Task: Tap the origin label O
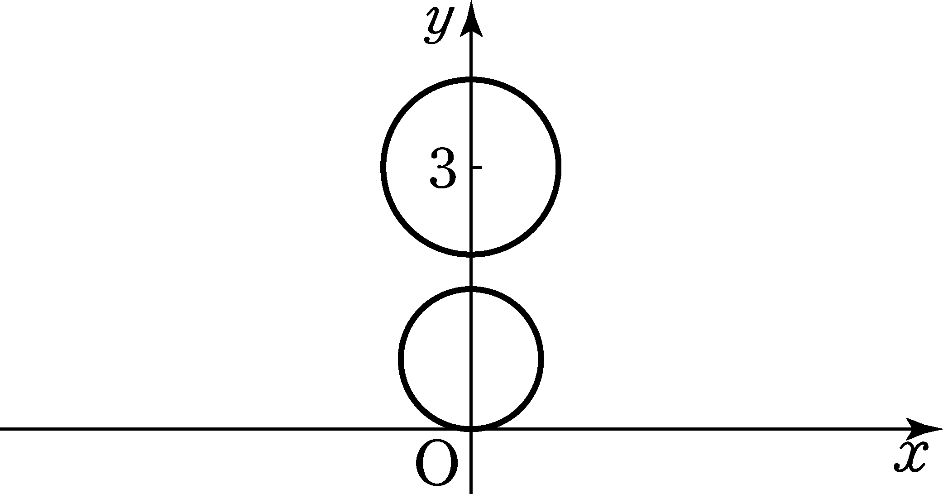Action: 436,462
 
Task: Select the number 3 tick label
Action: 443,168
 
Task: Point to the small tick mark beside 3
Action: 477,168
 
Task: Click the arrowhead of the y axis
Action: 471,18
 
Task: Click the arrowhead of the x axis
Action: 924,428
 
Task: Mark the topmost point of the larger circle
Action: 471,80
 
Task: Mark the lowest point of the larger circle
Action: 471,254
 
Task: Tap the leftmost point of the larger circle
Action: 383,167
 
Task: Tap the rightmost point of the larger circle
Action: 559,167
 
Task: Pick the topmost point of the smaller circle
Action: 471,289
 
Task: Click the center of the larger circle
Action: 471,167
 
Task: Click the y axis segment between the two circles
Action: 471,271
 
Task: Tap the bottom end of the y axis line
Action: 471,493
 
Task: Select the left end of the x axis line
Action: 0,428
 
